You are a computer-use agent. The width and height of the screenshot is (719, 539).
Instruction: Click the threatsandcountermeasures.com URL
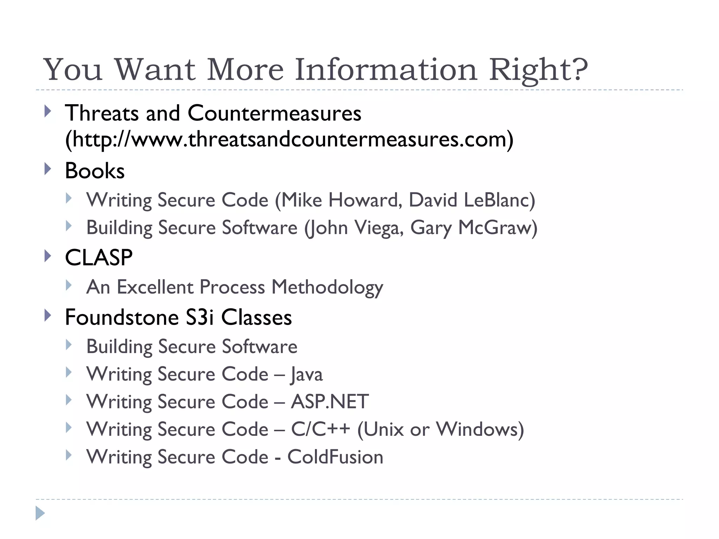(289, 139)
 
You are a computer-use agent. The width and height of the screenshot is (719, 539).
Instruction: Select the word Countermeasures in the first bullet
(274, 113)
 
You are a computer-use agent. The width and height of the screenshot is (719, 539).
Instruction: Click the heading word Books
(95, 171)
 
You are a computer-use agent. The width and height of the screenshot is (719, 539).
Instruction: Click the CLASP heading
(99, 258)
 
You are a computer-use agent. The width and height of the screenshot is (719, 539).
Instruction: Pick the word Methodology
(327, 287)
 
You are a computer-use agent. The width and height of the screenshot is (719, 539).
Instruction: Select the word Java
(306, 374)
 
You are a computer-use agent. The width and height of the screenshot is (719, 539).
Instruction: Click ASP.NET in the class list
(330, 402)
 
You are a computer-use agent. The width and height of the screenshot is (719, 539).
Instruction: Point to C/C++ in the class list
(321, 429)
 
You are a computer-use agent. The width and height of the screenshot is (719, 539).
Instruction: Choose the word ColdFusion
(335, 457)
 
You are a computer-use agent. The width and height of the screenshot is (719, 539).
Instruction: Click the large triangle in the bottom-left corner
(40, 513)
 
